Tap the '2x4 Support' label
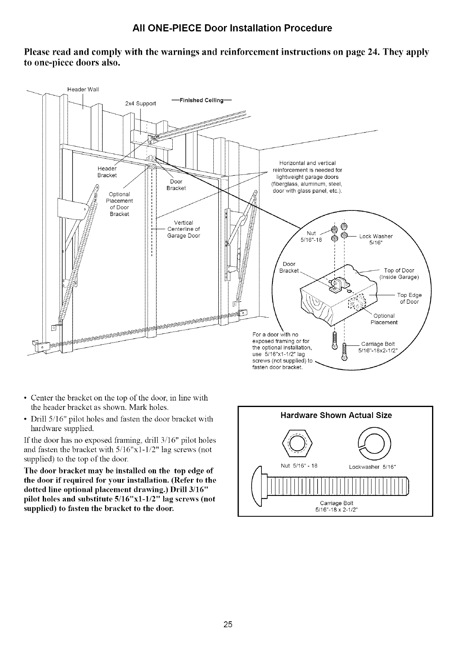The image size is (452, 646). tap(140, 103)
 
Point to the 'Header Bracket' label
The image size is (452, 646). tap(107, 172)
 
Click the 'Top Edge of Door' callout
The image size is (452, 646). tap(409, 298)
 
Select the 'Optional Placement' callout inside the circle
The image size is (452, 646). tap(384, 319)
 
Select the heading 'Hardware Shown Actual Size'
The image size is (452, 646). tap(336, 415)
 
